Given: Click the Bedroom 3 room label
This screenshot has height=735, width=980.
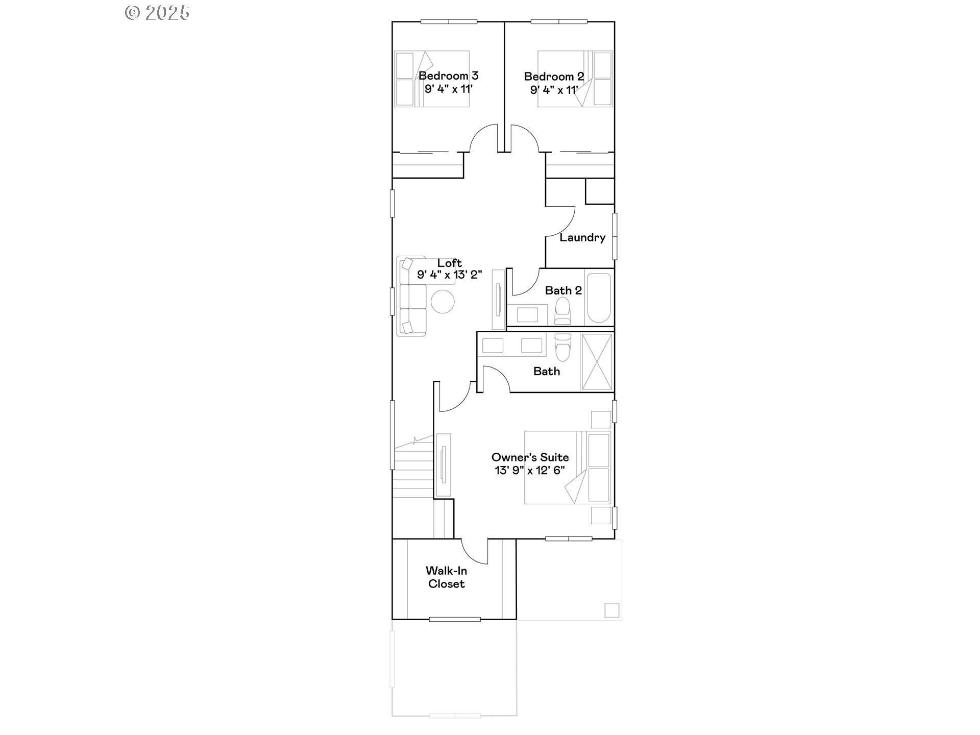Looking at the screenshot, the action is coord(448,76).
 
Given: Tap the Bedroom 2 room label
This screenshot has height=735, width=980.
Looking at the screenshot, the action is coord(554,77).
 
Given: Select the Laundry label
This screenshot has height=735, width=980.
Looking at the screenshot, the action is coord(582,237).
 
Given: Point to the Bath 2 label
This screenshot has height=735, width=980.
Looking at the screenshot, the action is coord(563,290).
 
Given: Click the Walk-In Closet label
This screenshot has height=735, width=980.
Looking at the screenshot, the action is coord(446,577).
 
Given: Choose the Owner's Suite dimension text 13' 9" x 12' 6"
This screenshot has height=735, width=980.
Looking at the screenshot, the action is coord(530,471).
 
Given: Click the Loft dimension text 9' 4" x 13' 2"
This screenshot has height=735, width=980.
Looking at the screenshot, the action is coord(450,275).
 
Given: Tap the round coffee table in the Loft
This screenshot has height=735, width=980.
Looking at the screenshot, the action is coord(443,302).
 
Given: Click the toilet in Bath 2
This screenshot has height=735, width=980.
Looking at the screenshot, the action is coord(562,311).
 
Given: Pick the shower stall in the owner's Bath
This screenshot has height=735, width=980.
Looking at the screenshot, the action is coord(597,362).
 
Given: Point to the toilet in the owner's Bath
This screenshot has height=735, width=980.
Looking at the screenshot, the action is coord(563,347).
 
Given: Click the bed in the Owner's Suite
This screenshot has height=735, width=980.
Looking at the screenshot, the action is coord(568,468).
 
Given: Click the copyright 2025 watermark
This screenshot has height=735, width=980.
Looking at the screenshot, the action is coord(157,12).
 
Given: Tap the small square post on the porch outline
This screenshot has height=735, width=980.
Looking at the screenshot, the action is coord(612,610).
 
